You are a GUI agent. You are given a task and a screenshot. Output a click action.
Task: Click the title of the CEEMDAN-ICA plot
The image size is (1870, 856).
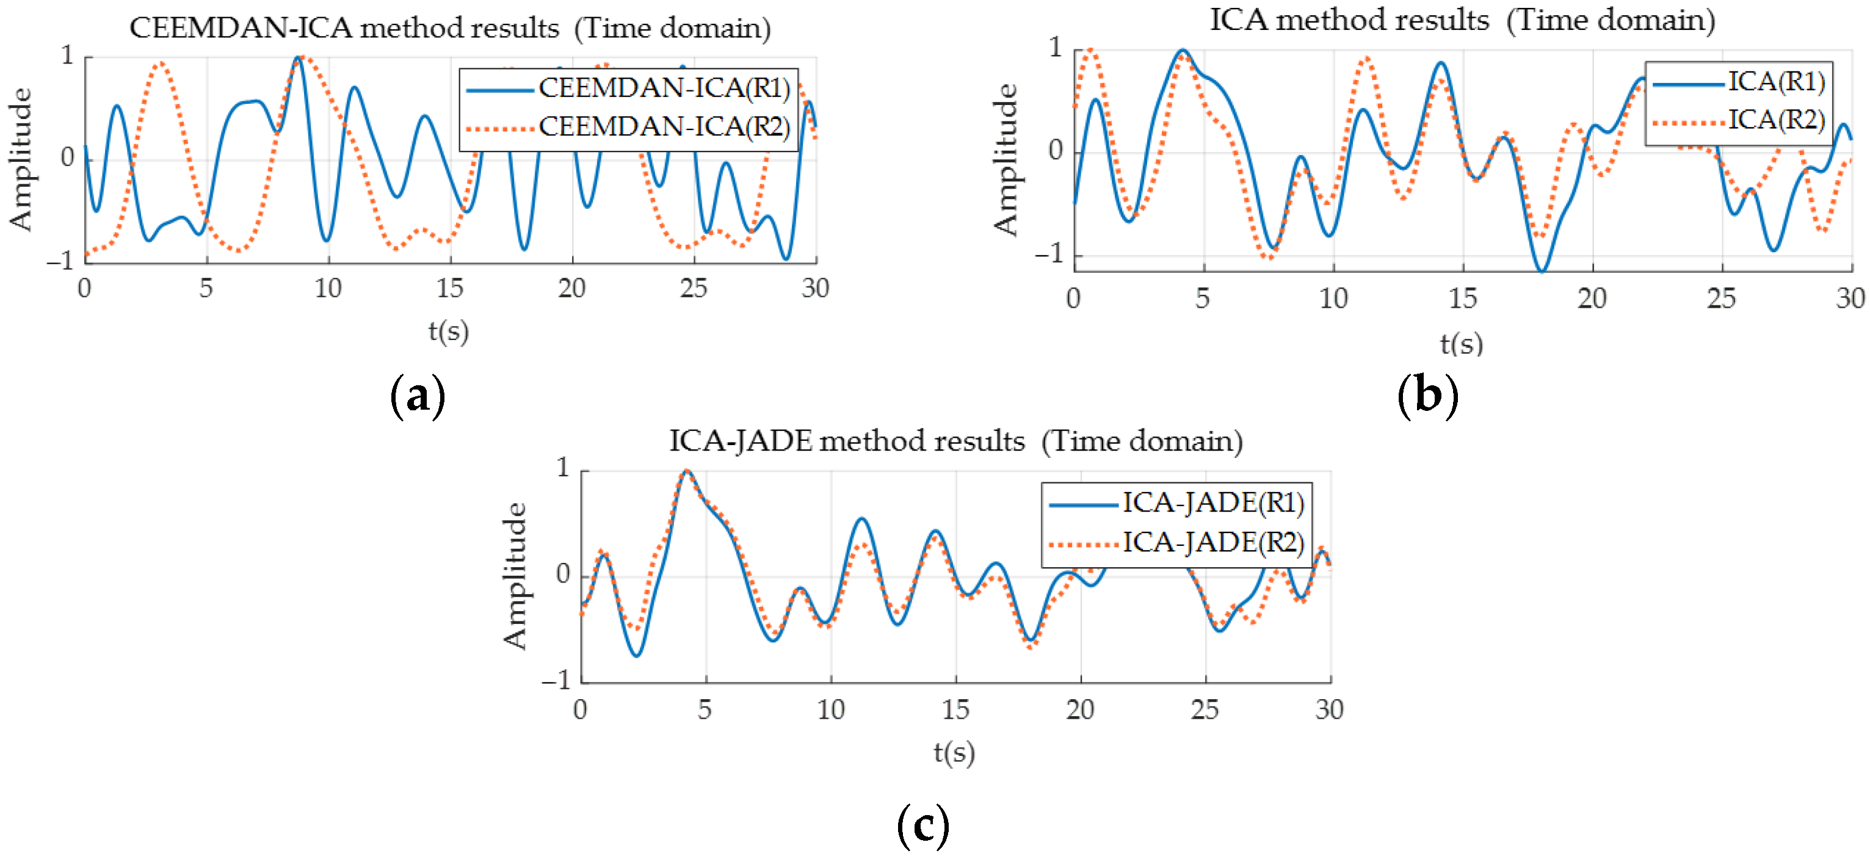tap(450, 28)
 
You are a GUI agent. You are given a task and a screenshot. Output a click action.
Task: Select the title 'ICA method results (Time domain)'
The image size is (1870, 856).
tap(1462, 20)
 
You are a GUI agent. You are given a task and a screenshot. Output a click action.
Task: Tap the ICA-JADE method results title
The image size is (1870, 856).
tap(955, 441)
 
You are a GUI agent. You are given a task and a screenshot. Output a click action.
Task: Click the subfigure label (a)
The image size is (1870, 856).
tap(418, 396)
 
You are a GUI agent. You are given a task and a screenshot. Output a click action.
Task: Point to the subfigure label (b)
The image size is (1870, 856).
tap(1427, 396)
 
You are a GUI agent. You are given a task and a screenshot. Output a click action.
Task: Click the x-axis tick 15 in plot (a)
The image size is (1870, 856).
tap(449, 289)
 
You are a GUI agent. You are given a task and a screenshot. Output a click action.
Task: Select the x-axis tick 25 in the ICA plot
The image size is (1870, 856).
tap(1720, 299)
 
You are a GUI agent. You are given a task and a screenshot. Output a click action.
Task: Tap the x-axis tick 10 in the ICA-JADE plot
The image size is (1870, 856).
tap(830, 709)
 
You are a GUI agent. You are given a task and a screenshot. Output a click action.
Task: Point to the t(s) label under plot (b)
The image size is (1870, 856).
tap(1462, 343)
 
